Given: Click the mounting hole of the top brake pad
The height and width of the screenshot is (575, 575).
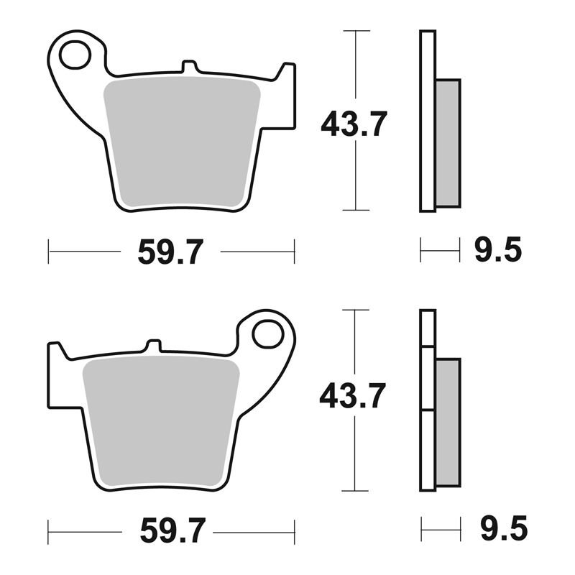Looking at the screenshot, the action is pyautogui.click(x=75, y=55).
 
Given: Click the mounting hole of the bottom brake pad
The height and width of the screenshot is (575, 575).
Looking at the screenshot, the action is pyautogui.click(x=268, y=333).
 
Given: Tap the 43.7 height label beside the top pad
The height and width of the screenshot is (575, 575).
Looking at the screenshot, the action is pyautogui.click(x=354, y=124).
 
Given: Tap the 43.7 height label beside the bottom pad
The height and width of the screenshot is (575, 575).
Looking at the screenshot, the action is pyautogui.click(x=352, y=395).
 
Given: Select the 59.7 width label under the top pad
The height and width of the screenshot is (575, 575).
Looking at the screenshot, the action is pyautogui.click(x=170, y=252).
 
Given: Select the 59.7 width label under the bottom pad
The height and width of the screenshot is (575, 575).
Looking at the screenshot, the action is pyautogui.click(x=172, y=530).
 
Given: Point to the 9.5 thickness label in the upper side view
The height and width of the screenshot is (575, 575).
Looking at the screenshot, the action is pyautogui.click(x=498, y=249).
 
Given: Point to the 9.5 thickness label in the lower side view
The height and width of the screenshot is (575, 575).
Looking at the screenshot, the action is pyautogui.click(x=504, y=528).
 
